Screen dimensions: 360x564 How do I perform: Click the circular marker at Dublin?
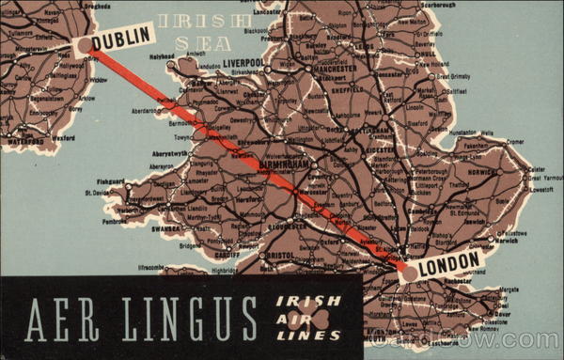pyautogui.click(x=86, y=45)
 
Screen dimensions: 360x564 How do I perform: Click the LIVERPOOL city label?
pyautogui.click(x=243, y=63)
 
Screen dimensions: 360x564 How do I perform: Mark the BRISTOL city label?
pyautogui.click(x=279, y=255)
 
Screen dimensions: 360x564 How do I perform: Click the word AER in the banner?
pyautogui.click(x=58, y=319)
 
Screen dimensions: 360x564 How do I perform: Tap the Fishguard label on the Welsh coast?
pyautogui.click(x=111, y=180)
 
